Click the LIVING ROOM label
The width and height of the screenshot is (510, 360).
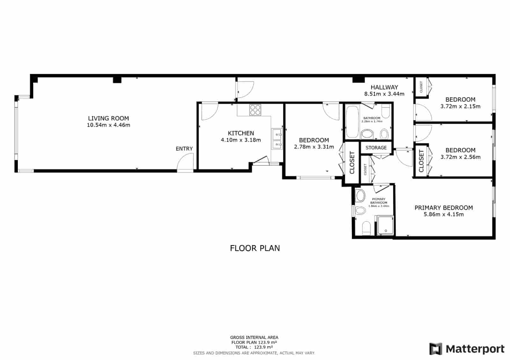point(108,119)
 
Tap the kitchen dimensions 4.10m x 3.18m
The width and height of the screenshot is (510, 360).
point(241,140)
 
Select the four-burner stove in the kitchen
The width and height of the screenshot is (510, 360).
point(255,110)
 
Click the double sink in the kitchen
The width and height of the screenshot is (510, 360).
point(277,139)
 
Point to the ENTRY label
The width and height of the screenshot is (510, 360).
point(184,149)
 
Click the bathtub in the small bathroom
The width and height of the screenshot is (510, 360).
point(352,122)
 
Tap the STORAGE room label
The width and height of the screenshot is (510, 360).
point(376,148)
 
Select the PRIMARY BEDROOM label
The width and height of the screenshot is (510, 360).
point(443,208)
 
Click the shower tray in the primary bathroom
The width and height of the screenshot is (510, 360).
point(386,226)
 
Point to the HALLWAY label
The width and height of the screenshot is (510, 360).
point(384,87)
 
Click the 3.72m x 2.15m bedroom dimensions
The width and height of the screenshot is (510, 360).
point(460,106)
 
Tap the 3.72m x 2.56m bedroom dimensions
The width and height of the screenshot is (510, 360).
point(460,157)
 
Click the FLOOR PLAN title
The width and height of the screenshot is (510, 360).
point(255,248)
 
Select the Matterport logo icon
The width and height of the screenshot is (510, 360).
point(436,349)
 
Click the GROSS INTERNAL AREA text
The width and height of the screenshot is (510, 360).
point(254,337)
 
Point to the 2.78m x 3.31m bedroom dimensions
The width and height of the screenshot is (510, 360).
point(314,147)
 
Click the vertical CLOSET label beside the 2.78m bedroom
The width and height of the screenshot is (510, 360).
point(352,163)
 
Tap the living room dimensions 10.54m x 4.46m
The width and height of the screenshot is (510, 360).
point(108,125)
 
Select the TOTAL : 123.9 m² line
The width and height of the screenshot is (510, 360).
point(254,347)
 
